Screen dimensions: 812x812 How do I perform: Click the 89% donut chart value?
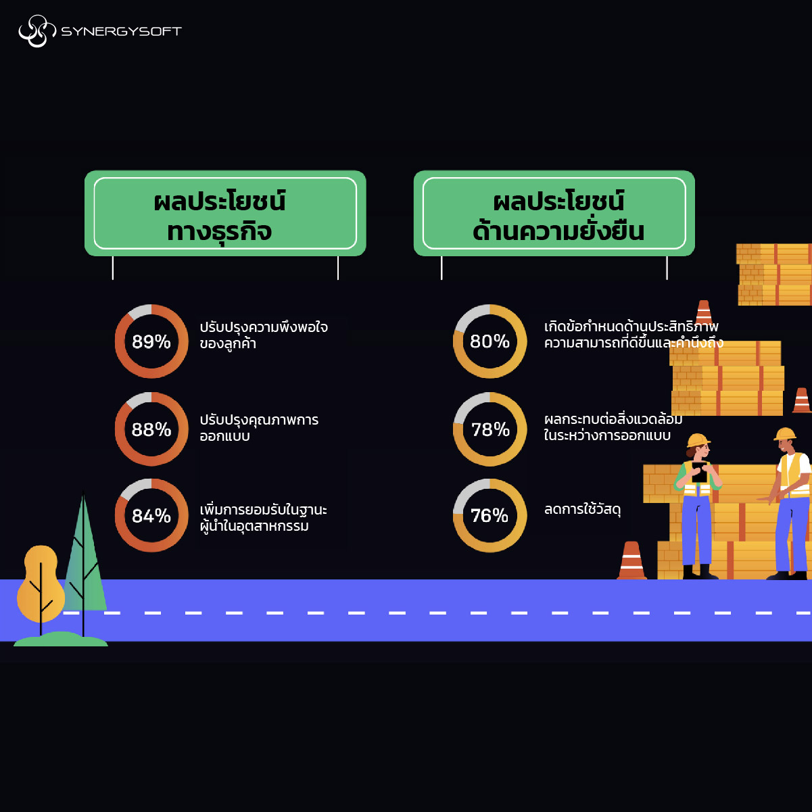[x=151, y=341]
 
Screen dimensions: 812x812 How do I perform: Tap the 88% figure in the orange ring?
[x=151, y=429]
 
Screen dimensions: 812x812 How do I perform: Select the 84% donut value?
[x=151, y=516]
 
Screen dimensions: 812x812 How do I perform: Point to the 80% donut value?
[x=489, y=341]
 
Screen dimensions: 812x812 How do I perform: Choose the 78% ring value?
[x=489, y=429]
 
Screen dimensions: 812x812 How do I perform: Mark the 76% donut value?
[x=489, y=516]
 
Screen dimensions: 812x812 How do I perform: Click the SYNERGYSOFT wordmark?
[x=121, y=31]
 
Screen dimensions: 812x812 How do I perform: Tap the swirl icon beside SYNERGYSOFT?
[x=37, y=31]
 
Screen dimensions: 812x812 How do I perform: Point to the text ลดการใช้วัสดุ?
[x=582, y=509]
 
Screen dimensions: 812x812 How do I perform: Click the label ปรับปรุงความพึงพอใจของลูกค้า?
[x=264, y=335]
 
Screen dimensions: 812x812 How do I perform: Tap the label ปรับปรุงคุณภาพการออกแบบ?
[x=258, y=428]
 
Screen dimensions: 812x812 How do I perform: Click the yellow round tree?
[x=41, y=581]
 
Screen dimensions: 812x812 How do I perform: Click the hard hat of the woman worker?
[x=698, y=440]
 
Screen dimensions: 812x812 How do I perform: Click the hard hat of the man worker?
[x=786, y=433]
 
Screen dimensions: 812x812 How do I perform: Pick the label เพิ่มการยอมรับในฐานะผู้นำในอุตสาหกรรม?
[x=264, y=517]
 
